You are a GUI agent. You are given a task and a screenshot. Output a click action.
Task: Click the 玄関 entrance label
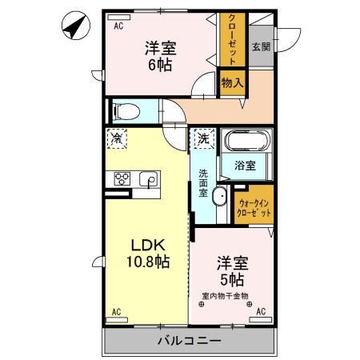pos(261,47)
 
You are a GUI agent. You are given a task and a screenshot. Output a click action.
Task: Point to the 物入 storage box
pos(233,83)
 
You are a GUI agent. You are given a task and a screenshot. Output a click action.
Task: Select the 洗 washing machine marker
pos(202,138)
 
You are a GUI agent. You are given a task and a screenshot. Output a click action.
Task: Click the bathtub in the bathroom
pos(248,142)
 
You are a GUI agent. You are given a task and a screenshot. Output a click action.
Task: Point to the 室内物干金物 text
pos(224,295)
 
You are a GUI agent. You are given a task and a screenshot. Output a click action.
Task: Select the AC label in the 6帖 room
pos(118,26)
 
